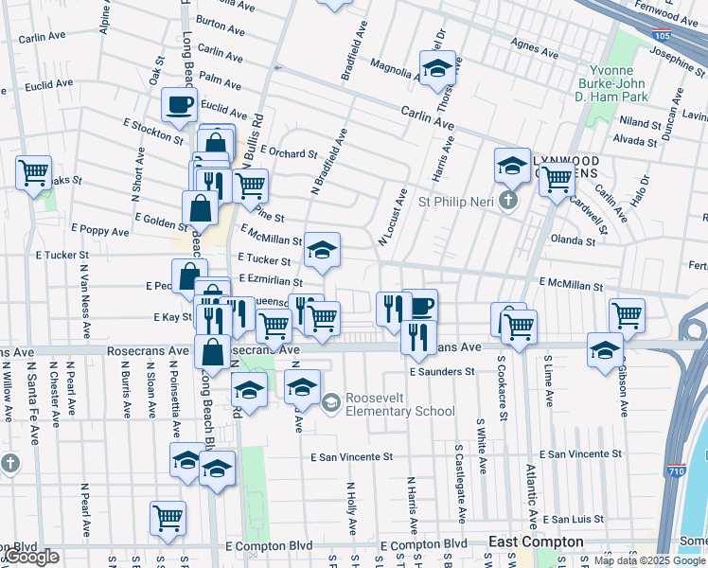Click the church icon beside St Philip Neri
pos(509,201)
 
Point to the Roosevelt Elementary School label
pos(401,404)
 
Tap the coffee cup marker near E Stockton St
pos(179,105)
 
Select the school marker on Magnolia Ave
pos(437,67)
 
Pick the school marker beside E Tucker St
pos(322,251)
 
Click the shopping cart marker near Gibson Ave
pos(627,315)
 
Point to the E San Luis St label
pos(574,520)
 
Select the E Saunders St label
pos(441,372)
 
